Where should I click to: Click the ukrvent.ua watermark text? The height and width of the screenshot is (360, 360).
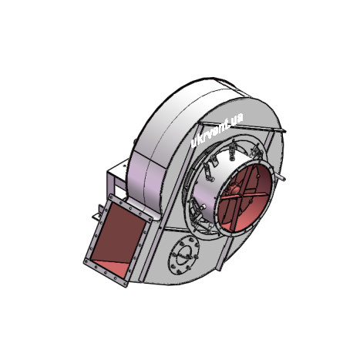(217, 130)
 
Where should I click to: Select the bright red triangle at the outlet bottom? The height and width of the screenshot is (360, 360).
(110, 269)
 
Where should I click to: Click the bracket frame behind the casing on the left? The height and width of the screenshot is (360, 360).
(117, 177)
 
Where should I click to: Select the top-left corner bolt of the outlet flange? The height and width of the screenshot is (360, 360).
(111, 197)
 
